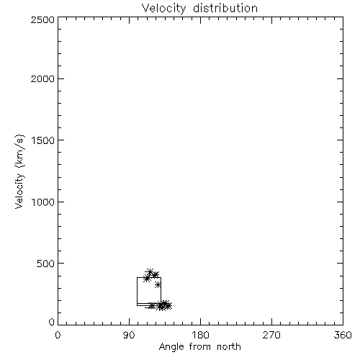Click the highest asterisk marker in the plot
150,272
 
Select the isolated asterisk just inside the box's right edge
158,285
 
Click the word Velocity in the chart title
164,9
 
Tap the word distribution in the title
225,8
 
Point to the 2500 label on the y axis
42,19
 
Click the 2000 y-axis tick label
42,78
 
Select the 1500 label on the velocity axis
43,140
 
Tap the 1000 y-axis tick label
43,202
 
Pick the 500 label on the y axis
46,264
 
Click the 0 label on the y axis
52,322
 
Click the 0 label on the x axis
58,335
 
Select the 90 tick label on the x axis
129,335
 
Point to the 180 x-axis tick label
200,335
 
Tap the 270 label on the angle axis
271,335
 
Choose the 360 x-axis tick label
343,335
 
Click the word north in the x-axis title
229,347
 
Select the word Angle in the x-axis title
171,347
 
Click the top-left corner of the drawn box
138,278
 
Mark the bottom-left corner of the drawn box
138,305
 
